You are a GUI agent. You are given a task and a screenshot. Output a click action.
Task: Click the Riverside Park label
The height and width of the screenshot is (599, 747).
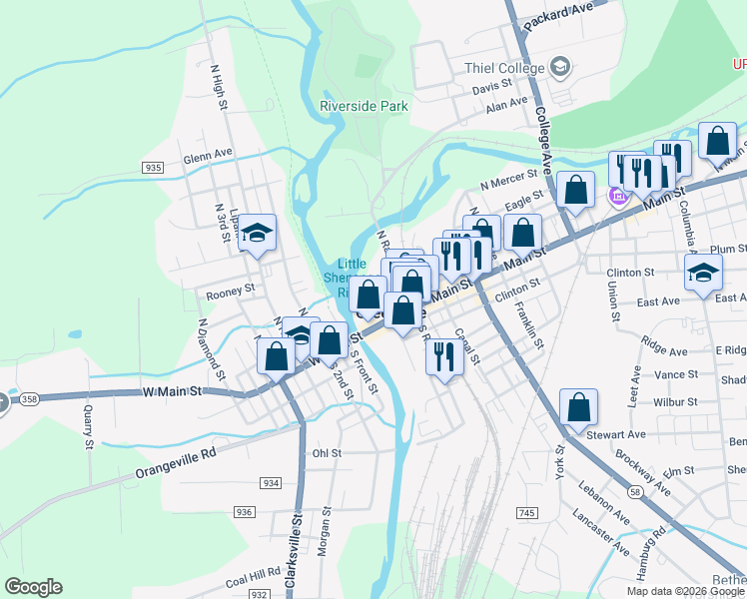[365, 105]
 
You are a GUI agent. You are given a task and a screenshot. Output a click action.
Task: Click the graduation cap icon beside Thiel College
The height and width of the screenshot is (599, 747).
[559, 68]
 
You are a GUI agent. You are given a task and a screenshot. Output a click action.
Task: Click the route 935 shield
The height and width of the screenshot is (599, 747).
[153, 167]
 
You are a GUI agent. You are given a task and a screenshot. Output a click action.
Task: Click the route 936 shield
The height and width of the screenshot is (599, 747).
[244, 511]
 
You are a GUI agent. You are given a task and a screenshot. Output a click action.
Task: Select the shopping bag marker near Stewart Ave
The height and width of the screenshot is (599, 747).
[578, 407]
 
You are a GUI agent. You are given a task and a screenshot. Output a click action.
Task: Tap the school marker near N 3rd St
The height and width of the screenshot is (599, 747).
[258, 235]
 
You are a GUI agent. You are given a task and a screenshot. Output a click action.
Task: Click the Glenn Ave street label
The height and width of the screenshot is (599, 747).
[208, 158]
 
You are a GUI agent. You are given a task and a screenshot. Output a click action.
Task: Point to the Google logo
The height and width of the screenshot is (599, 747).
[33, 587]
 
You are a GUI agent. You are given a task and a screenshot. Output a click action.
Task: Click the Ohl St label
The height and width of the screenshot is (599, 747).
[327, 452]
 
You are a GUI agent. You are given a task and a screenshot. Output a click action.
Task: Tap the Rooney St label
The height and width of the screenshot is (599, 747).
[230, 294]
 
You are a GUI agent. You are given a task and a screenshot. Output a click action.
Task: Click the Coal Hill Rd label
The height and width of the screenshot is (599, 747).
[252, 577]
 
